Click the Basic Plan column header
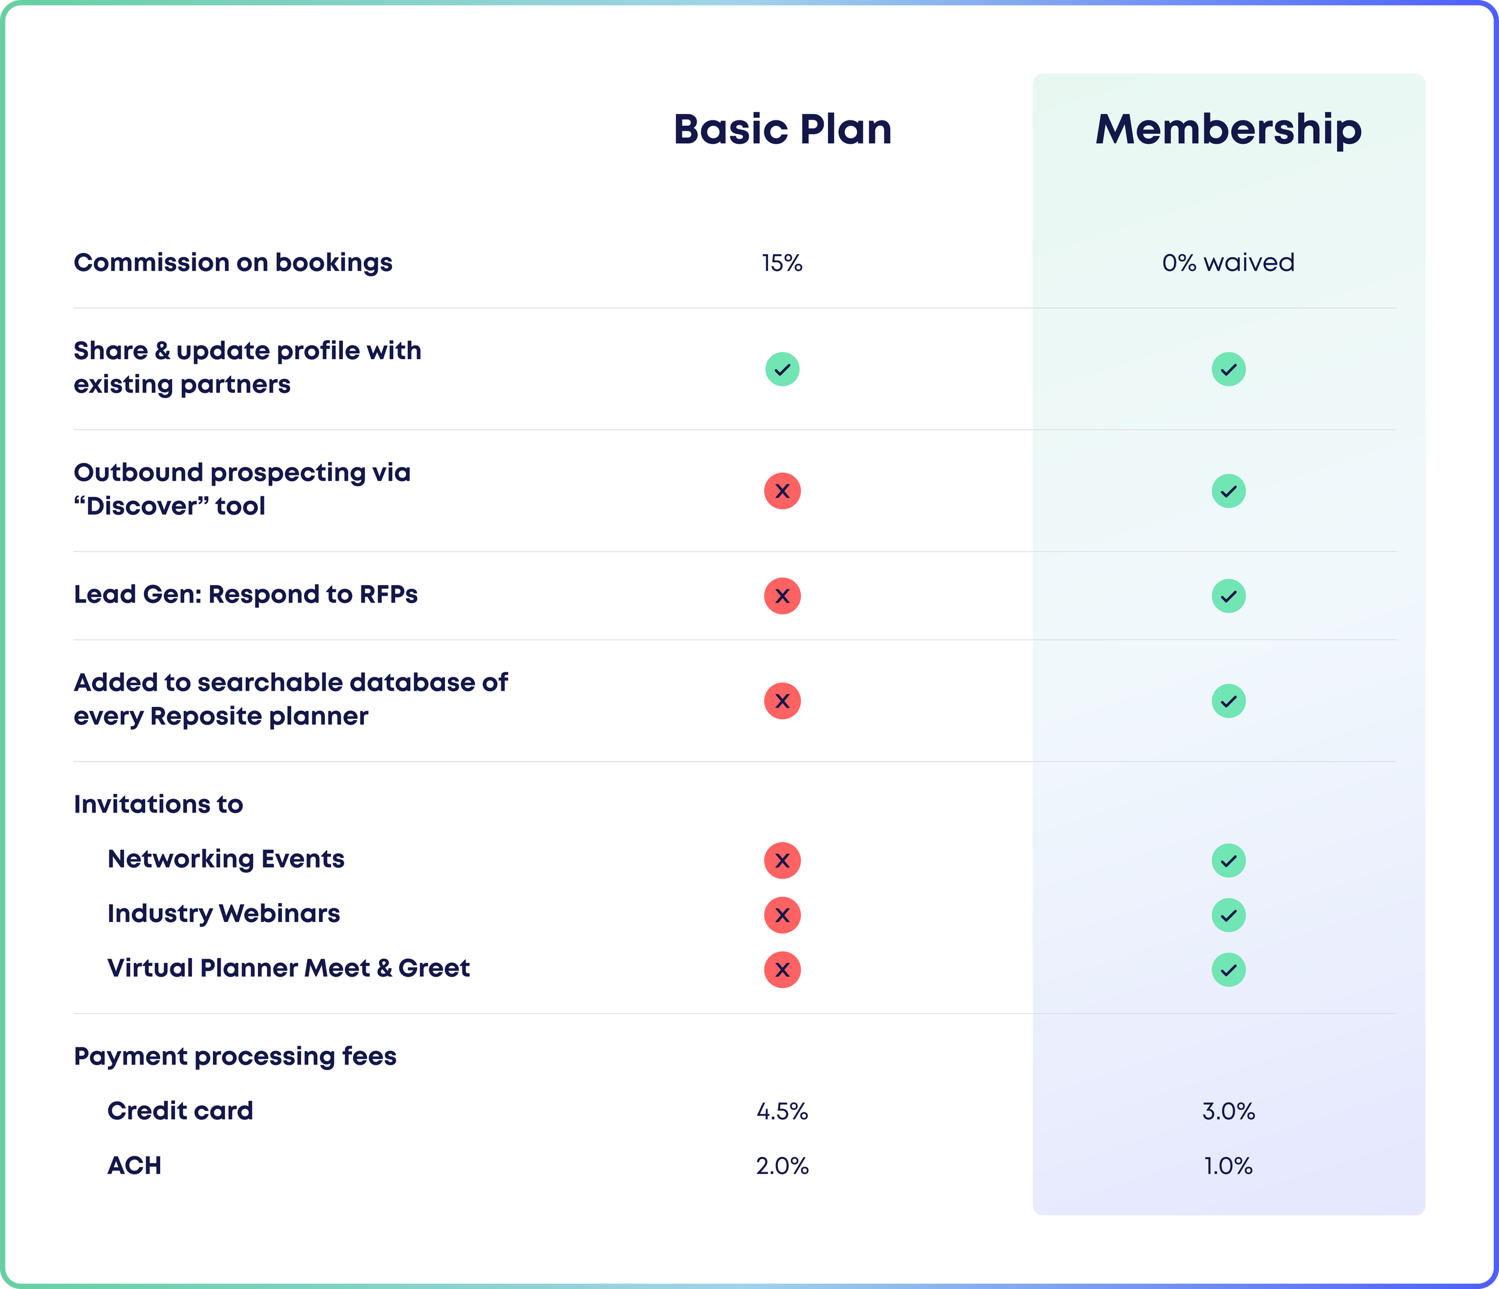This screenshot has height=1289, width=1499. (782, 130)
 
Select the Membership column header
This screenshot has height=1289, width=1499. (1228, 130)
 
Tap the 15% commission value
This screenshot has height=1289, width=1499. (782, 263)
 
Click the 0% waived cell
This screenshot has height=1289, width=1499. (1228, 263)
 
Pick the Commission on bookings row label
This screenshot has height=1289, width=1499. (233, 263)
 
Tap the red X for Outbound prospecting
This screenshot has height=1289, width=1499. (782, 491)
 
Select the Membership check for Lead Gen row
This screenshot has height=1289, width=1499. (1228, 596)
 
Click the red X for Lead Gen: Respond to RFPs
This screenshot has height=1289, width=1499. (782, 596)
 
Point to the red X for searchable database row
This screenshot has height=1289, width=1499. (782, 701)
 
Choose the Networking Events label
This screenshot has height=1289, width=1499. (225, 859)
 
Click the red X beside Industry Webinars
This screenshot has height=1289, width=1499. (782, 915)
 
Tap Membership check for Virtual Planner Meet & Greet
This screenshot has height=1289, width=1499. (1228, 970)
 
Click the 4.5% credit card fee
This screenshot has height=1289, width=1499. (782, 1111)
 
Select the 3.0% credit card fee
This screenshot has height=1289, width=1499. (1228, 1111)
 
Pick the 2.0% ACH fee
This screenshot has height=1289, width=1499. (782, 1166)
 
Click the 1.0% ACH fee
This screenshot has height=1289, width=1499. (1228, 1166)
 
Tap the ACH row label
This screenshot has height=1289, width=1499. (134, 1166)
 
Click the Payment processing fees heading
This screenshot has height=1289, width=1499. (235, 1057)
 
